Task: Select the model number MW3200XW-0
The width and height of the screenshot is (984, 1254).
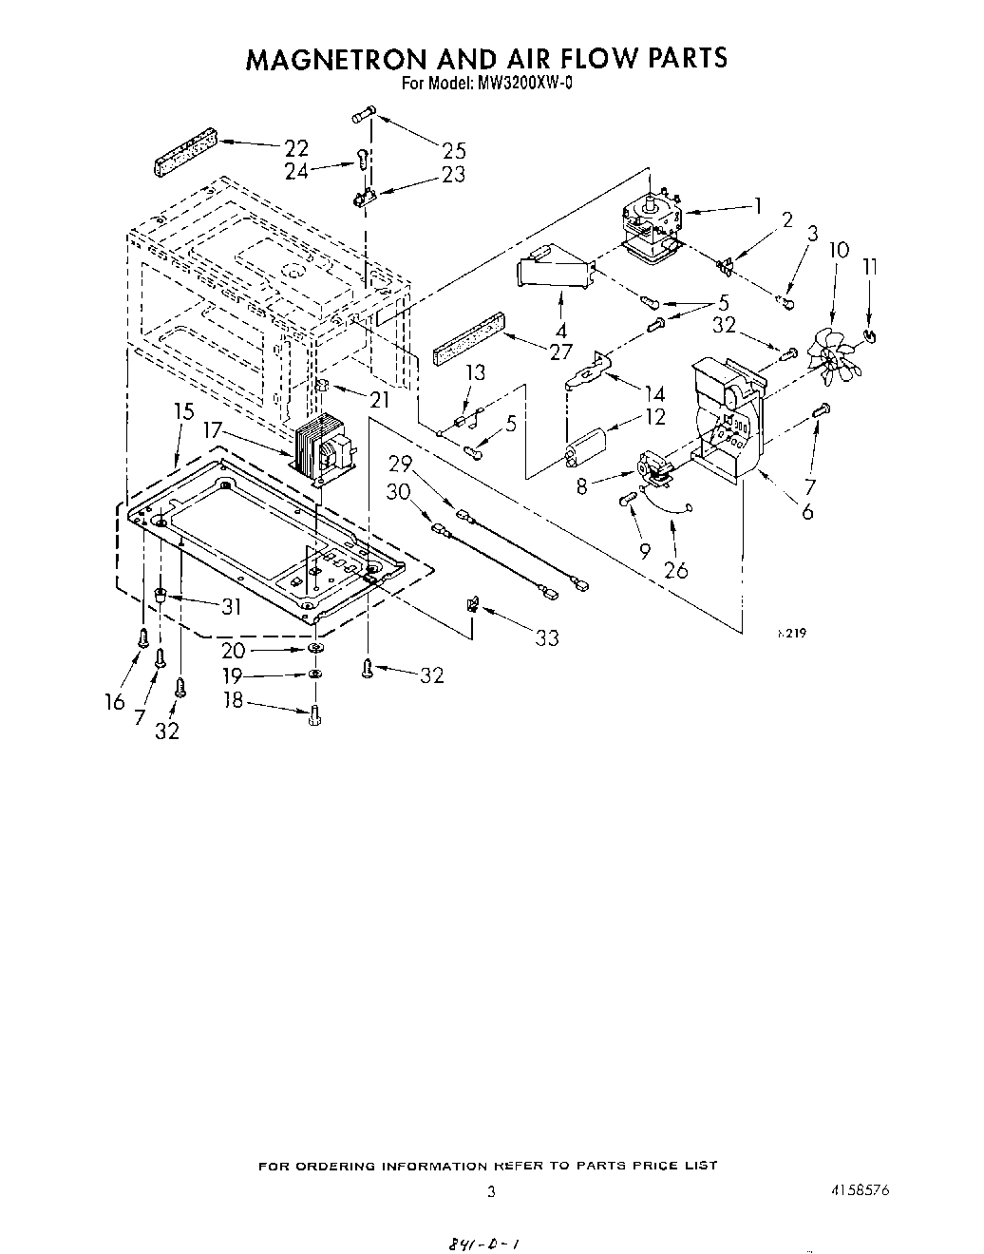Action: tap(519, 83)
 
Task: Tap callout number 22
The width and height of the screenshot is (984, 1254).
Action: tap(296, 147)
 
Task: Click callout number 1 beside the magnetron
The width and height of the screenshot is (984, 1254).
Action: tap(758, 203)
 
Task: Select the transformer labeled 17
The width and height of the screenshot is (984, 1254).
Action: tap(321, 448)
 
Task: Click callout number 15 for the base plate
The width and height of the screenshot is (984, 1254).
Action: tap(183, 411)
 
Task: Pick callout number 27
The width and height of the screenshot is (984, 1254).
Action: tap(560, 351)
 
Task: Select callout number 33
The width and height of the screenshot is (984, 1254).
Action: tap(546, 637)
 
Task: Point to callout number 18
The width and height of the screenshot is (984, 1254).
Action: tap(233, 700)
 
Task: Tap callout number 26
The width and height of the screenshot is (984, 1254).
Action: tap(675, 570)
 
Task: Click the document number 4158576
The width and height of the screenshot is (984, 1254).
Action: tap(857, 1190)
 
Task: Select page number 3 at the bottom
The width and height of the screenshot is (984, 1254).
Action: tap(491, 1192)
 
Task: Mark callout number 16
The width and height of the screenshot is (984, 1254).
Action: tap(115, 701)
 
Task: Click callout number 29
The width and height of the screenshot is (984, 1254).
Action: tap(402, 463)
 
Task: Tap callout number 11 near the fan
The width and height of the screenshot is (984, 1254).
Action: tap(869, 267)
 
